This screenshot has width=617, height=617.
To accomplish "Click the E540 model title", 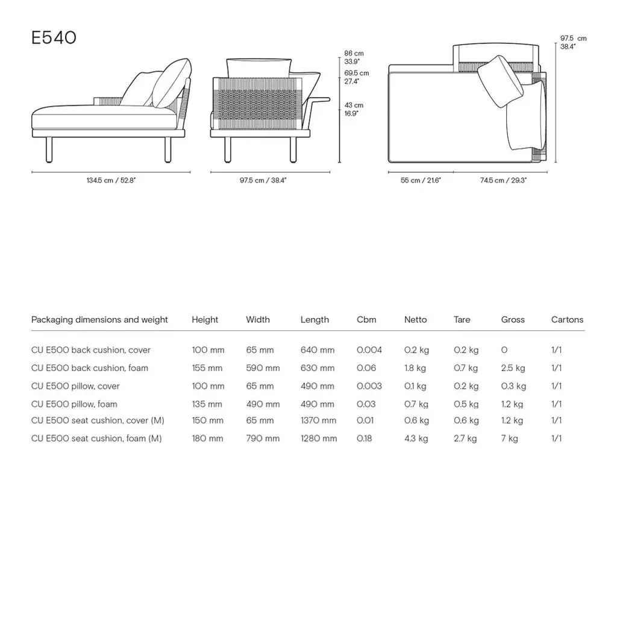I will coord(54,38).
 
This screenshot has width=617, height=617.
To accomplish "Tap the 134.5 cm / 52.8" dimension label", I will coord(111,180).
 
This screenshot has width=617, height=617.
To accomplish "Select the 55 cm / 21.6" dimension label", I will coord(421,180).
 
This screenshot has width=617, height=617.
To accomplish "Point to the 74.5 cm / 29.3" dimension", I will coord(503,180).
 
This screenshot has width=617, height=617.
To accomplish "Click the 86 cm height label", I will coord(354,54).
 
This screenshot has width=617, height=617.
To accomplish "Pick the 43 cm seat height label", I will coord(354,105).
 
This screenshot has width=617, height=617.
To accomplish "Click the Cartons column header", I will coord(567,320).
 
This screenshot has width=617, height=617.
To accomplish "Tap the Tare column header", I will coord(462,320).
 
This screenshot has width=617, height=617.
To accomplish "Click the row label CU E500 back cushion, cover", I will coord(91,350).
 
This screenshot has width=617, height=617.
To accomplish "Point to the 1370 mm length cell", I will coord(318,421).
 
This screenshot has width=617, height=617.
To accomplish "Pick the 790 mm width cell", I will coord(263,439).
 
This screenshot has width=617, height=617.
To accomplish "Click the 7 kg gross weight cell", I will coord(509,439).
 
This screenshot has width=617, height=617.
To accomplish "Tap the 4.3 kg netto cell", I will coord(416,439).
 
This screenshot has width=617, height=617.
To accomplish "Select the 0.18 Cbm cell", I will coord(364,439).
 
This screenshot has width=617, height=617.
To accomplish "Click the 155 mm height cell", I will coord(207,368).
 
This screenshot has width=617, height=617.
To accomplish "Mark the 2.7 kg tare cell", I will coord(465,439).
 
